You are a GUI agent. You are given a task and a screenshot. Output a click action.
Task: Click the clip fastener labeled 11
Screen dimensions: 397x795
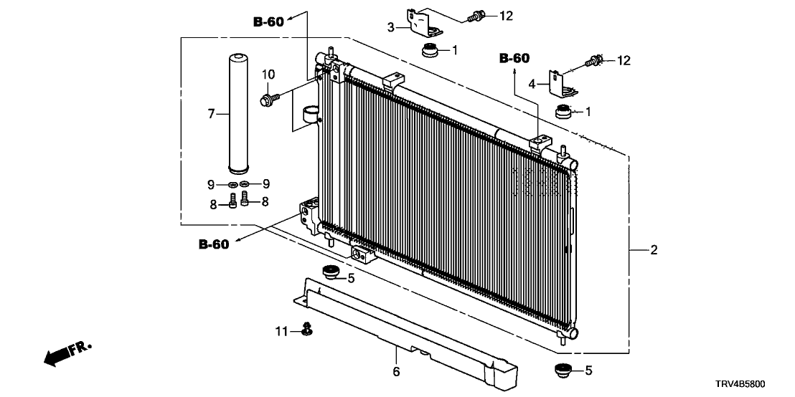[307, 329]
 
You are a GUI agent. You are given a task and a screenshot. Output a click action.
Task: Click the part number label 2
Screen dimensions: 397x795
[654, 250]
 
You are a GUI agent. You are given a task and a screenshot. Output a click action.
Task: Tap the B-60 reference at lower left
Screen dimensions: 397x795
[213, 245]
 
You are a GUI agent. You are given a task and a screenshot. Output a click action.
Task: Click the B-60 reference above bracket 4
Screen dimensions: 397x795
[514, 58]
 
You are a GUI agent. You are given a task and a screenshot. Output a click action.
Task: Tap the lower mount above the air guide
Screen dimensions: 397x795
[329, 272]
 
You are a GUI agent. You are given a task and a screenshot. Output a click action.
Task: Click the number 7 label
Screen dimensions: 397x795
[211, 113]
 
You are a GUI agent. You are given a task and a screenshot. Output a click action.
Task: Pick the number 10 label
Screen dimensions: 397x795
[268, 74]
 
